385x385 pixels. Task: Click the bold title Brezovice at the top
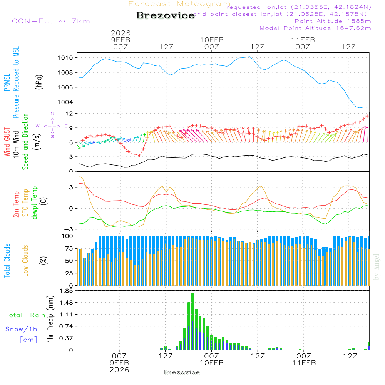(166, 16)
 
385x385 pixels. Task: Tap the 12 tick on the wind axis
(69, 114)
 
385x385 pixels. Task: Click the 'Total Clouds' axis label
(7, 261)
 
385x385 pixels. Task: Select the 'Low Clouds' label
(25, 261)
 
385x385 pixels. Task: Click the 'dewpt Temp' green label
(35, 203)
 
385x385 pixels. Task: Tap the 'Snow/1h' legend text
(21, 329)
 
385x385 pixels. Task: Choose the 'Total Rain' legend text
(25, 315)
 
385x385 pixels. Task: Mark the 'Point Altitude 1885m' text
(333, 21)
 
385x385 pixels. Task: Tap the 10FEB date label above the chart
(212, 40)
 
